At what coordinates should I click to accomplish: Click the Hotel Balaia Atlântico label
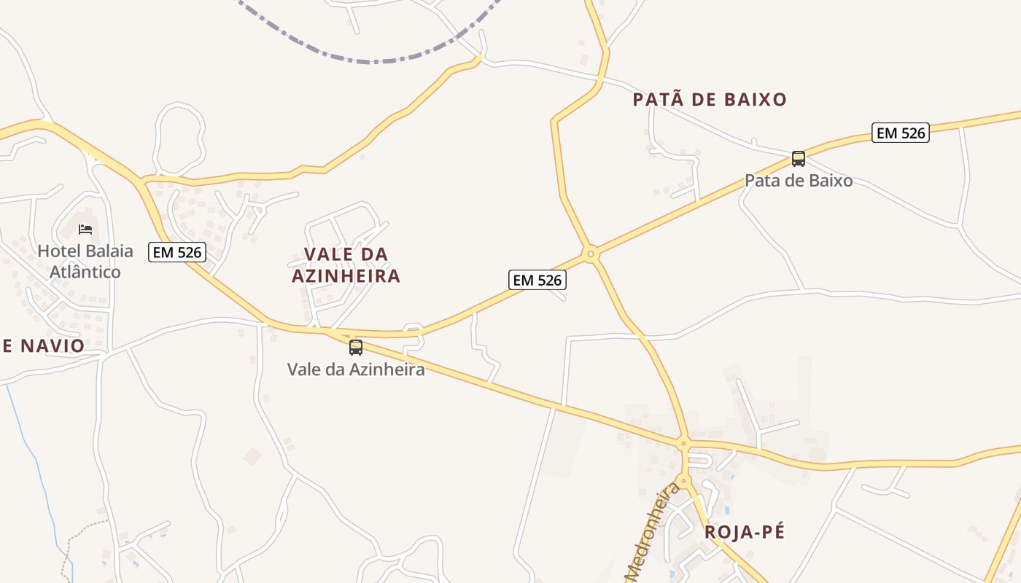point(85,262)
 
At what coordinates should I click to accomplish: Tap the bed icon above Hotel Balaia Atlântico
point(85,230)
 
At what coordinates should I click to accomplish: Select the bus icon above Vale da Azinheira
point(356,348)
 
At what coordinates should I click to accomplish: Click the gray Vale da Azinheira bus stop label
point(356,369)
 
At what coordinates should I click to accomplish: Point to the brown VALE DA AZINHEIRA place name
point(346,265)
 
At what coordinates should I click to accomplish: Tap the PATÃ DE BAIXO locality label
point(710,100)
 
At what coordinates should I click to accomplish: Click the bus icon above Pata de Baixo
point(799,159)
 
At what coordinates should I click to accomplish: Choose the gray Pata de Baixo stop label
point(799,181)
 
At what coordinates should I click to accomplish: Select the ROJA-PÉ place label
point(745,532)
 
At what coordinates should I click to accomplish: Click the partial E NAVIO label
point(44,346)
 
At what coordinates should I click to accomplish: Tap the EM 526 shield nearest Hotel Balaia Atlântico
point(177,252)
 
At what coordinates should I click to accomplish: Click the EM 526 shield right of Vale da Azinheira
point(537,280)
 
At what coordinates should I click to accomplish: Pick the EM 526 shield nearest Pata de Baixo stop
point(901,133)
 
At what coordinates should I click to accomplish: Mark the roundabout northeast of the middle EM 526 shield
point(591,254)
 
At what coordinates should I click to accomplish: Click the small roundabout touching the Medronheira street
point(683,481)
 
